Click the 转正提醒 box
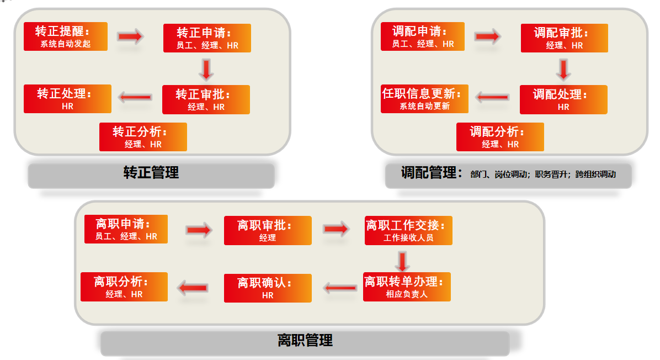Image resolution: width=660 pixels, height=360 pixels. [66, 36]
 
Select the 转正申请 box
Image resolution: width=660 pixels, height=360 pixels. [207, 38]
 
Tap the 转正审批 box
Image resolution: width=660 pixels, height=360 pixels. [206, 99]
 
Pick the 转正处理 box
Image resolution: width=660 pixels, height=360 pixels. [67, 99]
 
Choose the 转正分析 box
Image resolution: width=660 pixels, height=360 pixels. [143, 137]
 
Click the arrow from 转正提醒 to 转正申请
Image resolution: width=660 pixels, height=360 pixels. [130, 37]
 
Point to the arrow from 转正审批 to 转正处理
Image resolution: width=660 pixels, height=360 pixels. [135, 98]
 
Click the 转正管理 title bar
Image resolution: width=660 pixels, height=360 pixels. [151, 173]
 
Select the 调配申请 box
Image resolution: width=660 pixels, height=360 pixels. [423, 36]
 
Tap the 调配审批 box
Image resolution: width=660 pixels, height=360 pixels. [564, 38]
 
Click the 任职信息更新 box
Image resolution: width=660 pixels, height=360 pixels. [424, 99]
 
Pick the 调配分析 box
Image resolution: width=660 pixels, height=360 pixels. [500, 137]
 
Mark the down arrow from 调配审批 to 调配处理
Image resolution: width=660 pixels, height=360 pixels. [563, 70]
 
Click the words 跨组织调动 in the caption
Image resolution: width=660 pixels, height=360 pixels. [595, 174]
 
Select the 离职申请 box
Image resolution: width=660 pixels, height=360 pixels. [126, 229]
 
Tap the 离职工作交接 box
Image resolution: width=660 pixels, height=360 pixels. [408, 230]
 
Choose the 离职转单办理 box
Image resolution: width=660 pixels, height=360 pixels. [407, 287]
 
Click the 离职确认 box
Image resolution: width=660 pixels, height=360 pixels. [268, 288]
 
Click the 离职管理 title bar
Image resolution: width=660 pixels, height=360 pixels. [305, 341]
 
